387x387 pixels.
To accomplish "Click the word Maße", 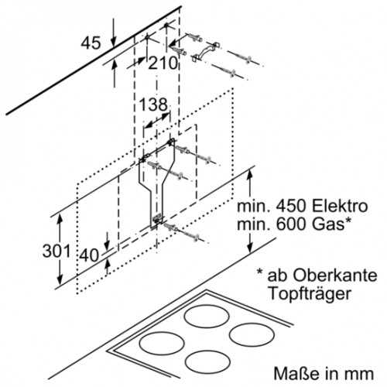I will [296, 373].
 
